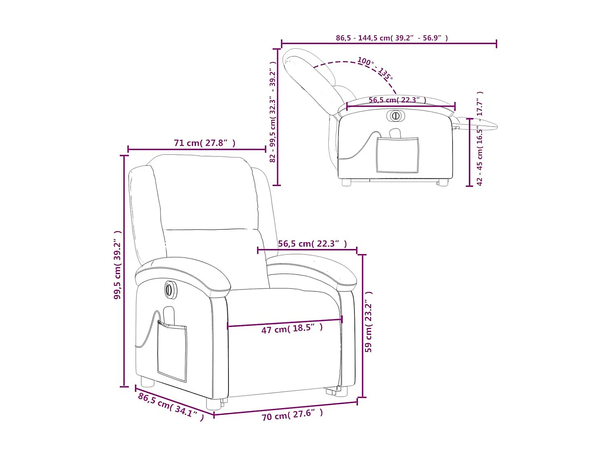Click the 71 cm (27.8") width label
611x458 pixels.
point(204,143)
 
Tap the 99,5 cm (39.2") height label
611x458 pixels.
point(117,265)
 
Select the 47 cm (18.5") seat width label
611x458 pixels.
point(292,329)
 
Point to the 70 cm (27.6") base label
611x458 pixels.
point(292,415)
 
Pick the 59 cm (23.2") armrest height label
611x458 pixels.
point(369,322)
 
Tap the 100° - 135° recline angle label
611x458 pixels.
point(375,68)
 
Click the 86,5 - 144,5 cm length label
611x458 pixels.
point(391,38)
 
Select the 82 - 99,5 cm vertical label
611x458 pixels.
point(273,112)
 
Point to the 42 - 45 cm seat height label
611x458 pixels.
point(480,138)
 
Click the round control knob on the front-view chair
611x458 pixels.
point(170,289)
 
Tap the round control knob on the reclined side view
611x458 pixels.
point(395,116)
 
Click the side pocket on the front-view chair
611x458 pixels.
point(172,351)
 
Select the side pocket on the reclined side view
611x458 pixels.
point(397,155)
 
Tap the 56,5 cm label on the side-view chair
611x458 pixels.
point(397,100)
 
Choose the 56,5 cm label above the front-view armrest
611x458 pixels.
point(312,244)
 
